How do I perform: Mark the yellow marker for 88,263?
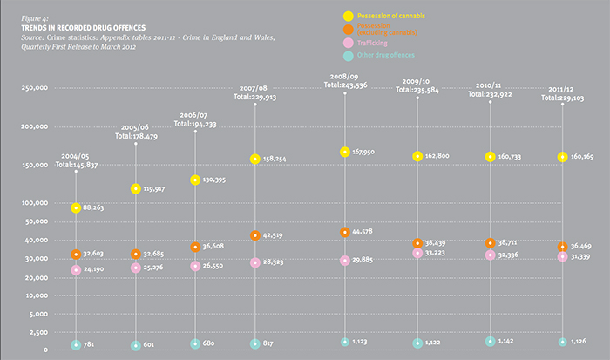(x=77, y=208)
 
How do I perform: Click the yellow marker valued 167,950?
(x=345, y=152)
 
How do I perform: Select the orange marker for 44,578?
(x=345, y=232)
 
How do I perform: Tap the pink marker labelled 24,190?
(x=77, y=270)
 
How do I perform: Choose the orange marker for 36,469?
(x=562, y=248)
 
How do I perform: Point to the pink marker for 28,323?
(x=254, y=262)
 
